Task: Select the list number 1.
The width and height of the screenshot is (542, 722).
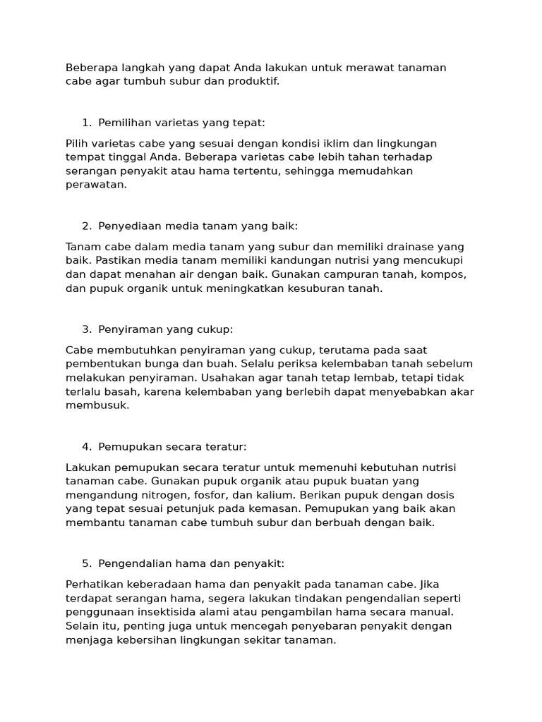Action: click(x=85, y=123)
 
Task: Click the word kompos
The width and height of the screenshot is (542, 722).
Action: click(x=445, y=274)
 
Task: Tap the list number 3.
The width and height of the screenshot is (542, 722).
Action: click(x=85, y=329)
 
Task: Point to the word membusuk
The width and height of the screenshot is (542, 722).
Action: click(x=98, y=405)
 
